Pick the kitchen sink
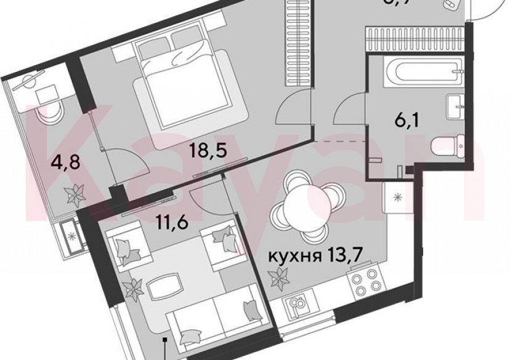[296, 306]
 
